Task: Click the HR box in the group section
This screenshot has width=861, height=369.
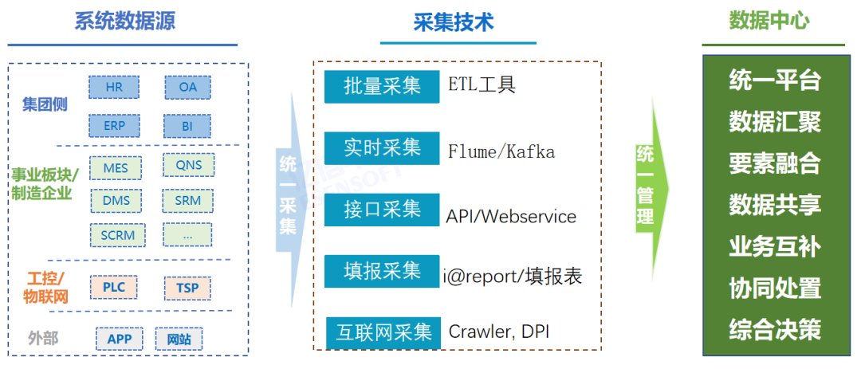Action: point(113,87)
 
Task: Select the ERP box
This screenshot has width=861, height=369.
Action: point(113,126)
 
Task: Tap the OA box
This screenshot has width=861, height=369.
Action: point(187,87)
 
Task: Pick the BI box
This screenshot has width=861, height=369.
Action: point(187,126)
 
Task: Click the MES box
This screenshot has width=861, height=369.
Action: point(115,167)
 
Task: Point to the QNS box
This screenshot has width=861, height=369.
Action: point(188,166)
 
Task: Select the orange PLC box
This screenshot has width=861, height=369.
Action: point(113,287)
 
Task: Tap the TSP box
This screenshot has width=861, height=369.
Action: point(187,288)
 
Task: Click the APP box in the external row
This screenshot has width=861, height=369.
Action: point(119,339)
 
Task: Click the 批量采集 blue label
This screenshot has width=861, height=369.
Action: point(382,86)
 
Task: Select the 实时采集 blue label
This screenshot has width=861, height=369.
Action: point(382,148)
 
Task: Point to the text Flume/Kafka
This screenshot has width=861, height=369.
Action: point(501,151)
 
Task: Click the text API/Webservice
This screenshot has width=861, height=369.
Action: point(511,216)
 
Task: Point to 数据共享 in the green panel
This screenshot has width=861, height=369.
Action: point(774,205)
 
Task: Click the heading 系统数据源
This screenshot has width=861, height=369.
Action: point(124,22)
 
